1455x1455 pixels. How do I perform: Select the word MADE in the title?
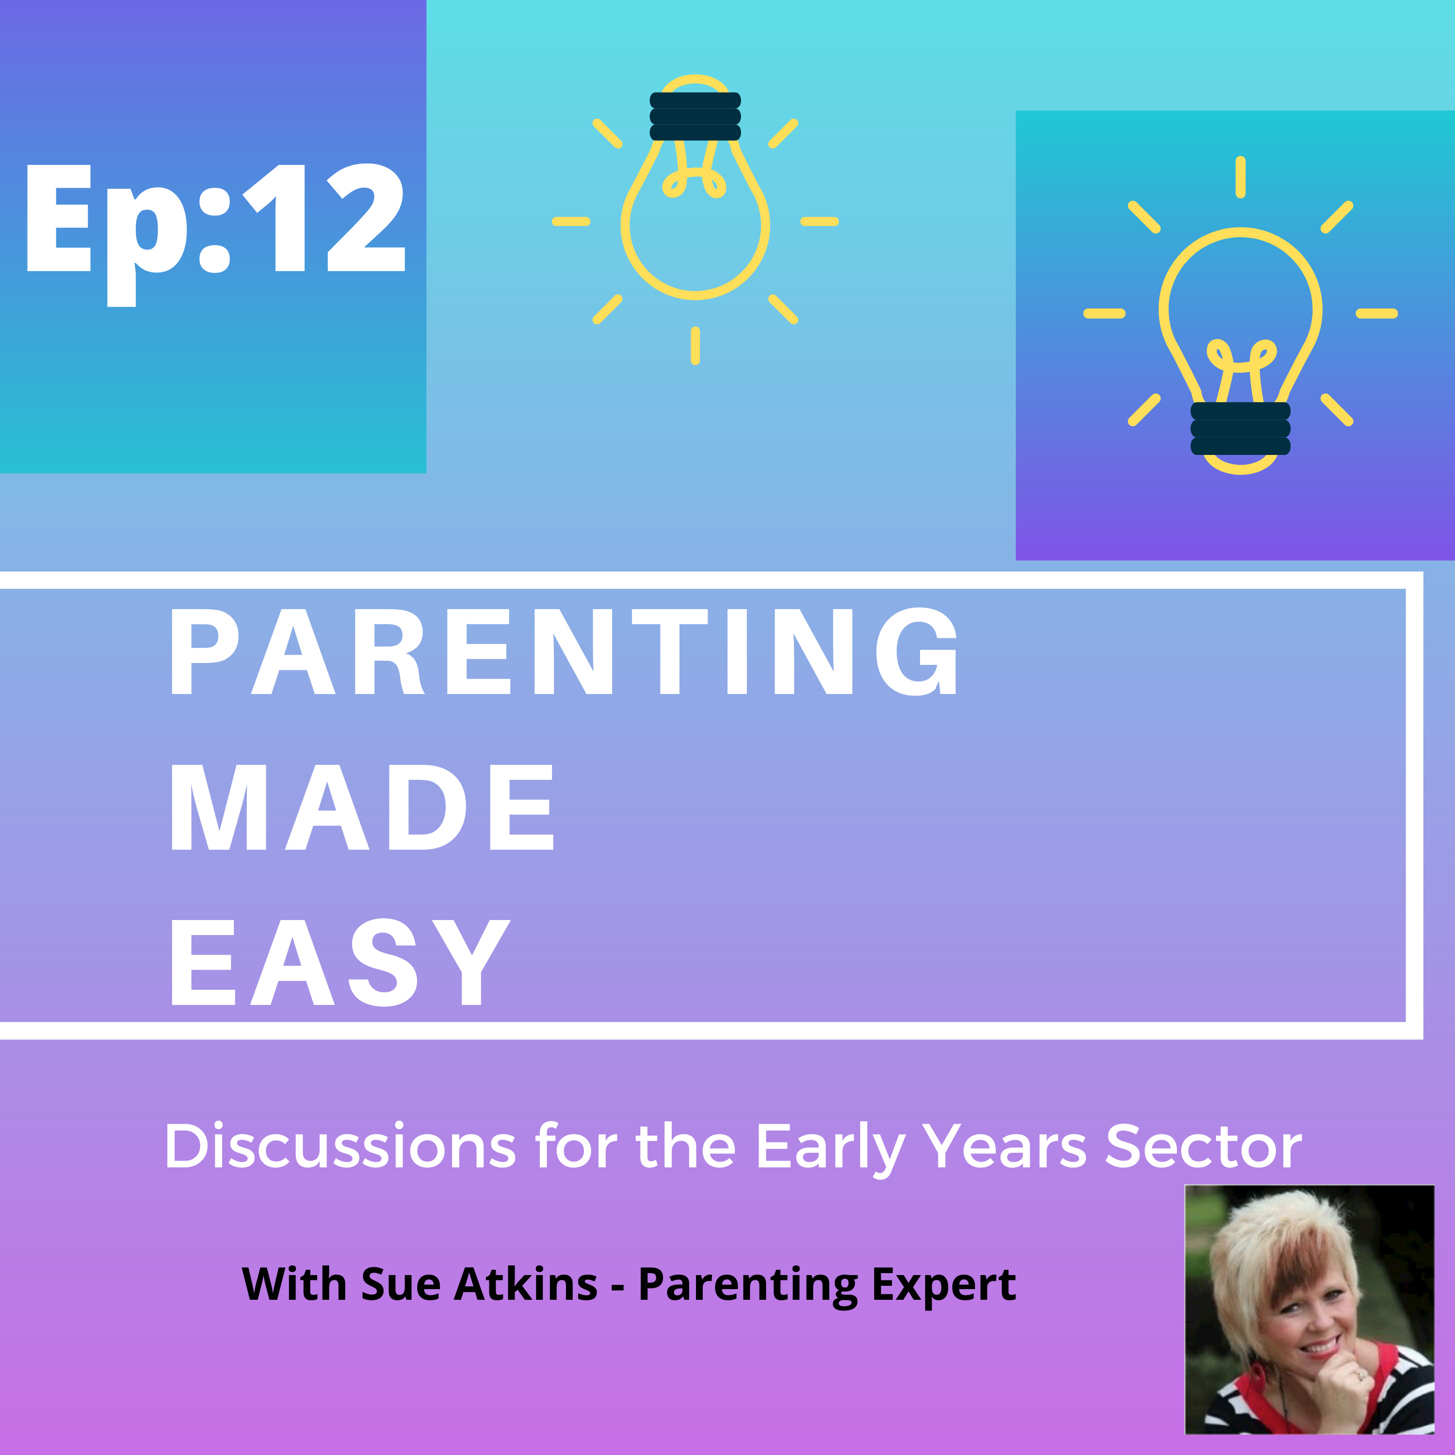(x=362, y=808)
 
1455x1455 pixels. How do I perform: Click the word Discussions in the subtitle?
(x=340, y=1146)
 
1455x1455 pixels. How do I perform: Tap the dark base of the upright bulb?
(x=1240, y=429)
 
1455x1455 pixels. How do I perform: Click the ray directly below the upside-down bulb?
(x=695, y=346)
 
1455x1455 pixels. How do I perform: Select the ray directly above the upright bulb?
(x=1240, y=177)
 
